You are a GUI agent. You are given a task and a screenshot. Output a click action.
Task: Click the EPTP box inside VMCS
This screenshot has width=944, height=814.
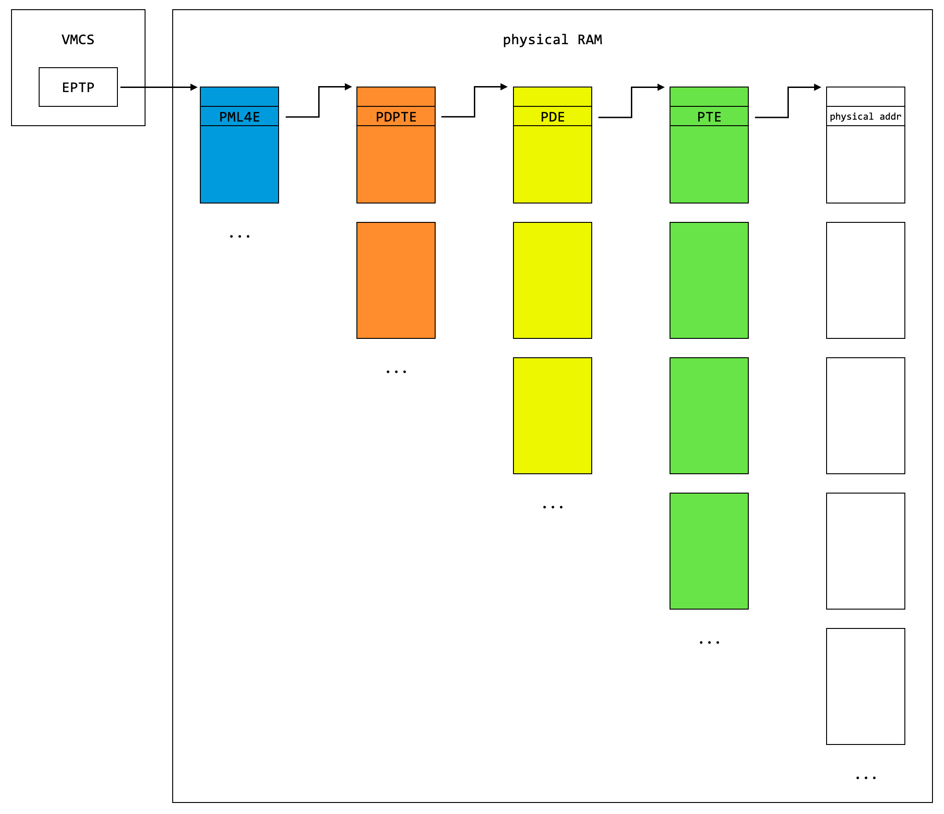pos(78,87)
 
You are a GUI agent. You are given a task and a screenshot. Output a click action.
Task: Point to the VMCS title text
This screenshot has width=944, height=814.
pos(78,40)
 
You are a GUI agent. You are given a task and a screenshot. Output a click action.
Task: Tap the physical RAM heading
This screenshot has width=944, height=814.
pos(552,40)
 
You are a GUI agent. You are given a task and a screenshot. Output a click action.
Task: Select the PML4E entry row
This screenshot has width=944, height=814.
pos(239,116)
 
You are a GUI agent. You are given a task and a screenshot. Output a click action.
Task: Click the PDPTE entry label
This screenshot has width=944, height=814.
pos(396,117)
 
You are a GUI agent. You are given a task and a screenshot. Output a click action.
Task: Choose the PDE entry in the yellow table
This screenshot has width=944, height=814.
pos(553,116)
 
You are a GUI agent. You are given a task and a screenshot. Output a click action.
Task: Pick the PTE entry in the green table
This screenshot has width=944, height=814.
pos(709,116)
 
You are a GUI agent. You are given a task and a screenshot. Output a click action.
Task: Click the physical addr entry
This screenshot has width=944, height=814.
pos(866,116)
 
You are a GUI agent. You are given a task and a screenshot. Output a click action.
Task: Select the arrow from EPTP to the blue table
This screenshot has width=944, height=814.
pos(159,87)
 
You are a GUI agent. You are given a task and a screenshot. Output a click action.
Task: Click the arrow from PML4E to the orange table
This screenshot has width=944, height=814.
pos(319,102)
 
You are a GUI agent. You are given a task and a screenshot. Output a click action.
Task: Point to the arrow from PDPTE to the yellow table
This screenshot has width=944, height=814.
pos(474,102)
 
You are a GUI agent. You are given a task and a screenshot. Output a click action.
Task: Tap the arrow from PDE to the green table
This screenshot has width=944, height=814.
pos(631,102)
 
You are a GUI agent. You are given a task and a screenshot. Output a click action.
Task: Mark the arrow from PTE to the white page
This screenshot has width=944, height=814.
pos(788,102)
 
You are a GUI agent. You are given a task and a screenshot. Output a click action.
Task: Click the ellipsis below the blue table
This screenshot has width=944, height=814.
pos(239,236)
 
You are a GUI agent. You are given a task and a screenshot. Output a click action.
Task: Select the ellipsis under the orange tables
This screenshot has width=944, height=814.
pos(396,372)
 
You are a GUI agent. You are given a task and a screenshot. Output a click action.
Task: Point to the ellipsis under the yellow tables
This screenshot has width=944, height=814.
pos(553,507)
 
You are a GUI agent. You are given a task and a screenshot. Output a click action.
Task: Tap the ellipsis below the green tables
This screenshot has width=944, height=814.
pos(709,642)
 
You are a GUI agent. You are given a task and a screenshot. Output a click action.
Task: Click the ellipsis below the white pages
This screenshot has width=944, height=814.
pos(866,778)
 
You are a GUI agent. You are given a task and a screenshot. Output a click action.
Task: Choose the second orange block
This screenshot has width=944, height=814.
pos(396,280)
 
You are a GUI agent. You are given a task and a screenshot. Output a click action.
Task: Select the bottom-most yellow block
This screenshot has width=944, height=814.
pos(553,416)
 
